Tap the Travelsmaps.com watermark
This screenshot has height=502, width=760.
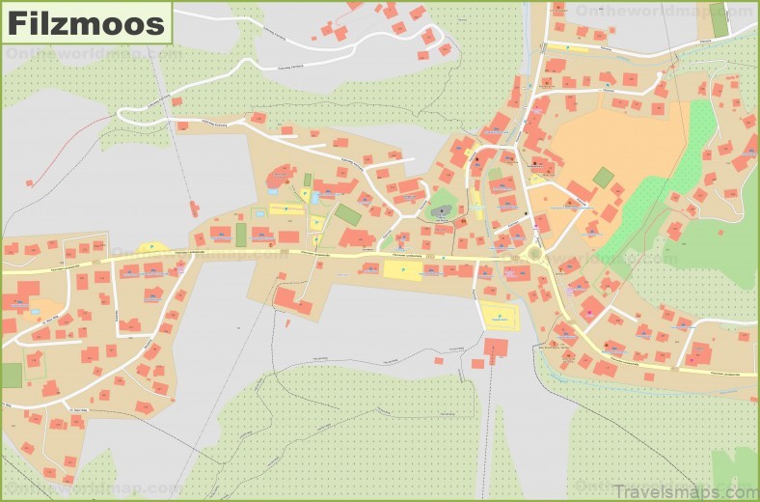coord(681,490)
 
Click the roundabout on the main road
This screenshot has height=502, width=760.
coord(533,254)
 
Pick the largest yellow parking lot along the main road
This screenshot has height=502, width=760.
coord(402,270)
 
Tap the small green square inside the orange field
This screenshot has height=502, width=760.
coord(603,178)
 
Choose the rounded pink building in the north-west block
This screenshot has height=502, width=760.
coord(281,177)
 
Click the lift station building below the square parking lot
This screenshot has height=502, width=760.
coord(496,348)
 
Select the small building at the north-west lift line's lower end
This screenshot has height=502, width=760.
coord(195,208)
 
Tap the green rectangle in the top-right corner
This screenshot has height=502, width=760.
coord(719,19)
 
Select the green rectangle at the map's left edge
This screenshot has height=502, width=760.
coord(11,375)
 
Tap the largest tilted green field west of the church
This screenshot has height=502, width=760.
coord(348,214)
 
